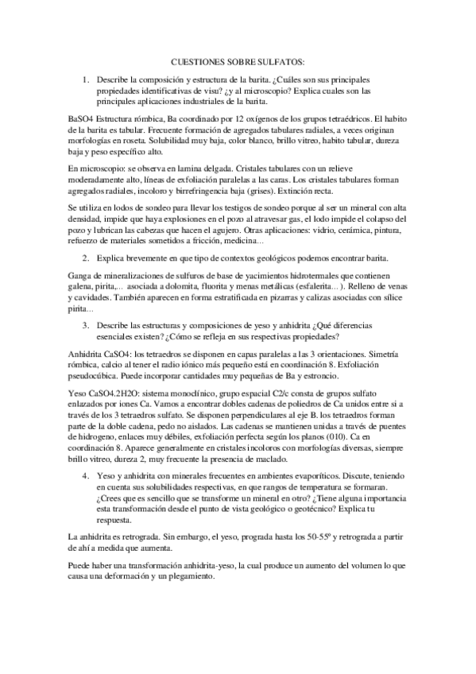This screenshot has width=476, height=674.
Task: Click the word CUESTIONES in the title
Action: [x=195, y=60]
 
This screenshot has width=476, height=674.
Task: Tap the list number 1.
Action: [x=85, y=80]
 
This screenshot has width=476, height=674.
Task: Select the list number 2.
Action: [x=85, y=258]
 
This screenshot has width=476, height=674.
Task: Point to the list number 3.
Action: [x=85, y=326]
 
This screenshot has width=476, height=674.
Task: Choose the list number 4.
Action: [x=85, y=453]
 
